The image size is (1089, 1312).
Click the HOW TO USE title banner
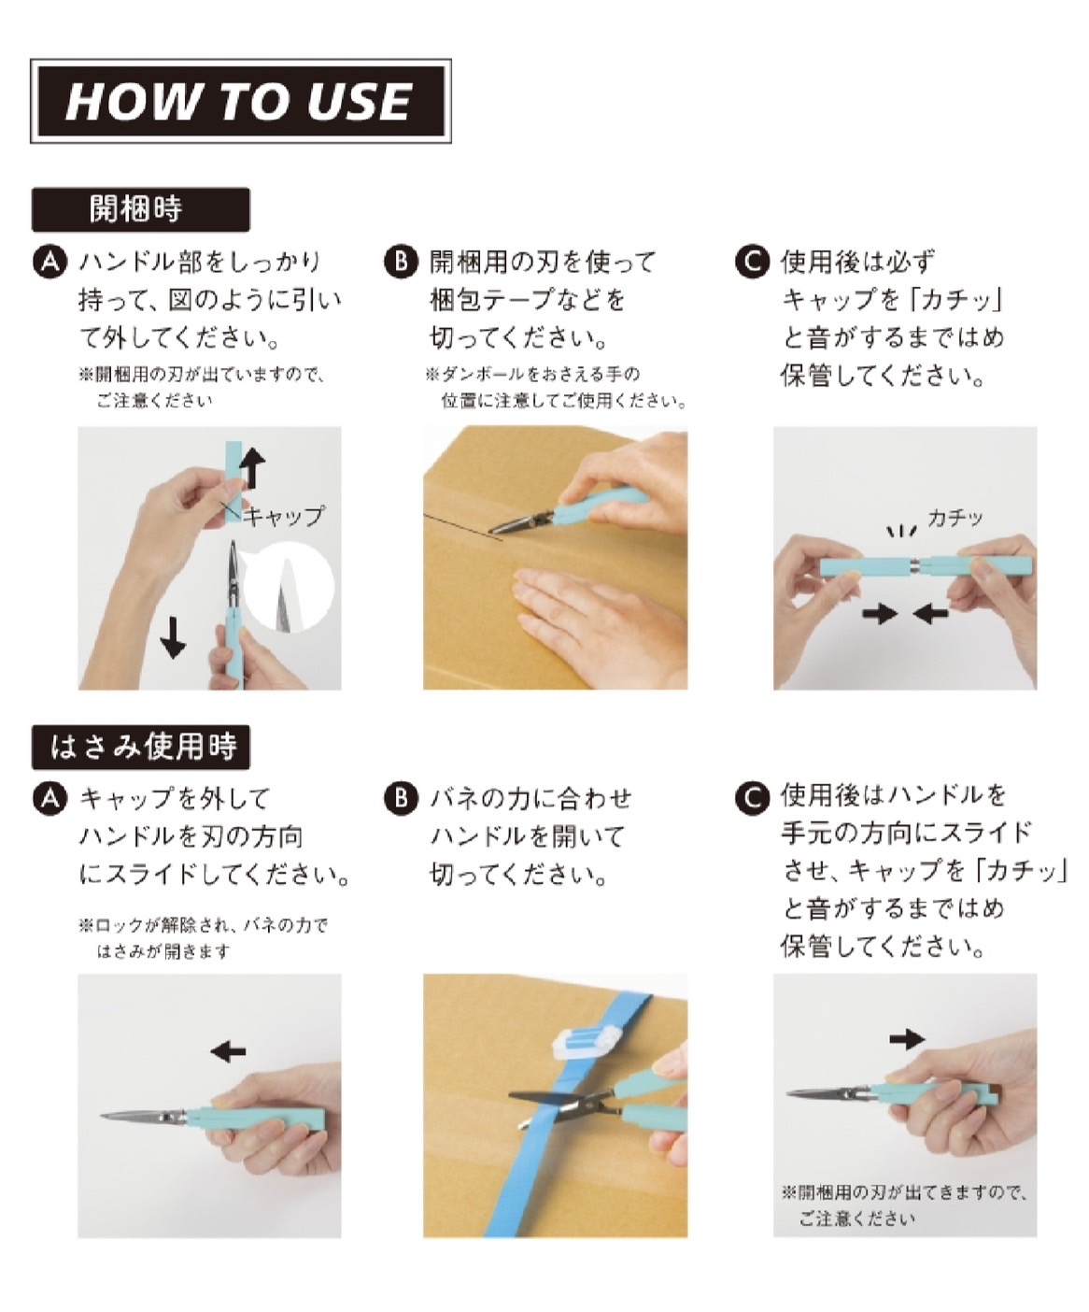click(x=240, y=101)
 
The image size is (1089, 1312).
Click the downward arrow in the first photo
click(x=174, y=635)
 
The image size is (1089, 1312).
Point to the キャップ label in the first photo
click(x=285, y=515)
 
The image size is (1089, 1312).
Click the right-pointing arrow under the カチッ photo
click(x=879, y=614)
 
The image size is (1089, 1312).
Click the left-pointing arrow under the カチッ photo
click(x=931, y=614)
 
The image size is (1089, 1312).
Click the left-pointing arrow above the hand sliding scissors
click(x=228, y=1051)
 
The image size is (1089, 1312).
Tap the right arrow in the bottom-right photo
click(x=906, y=1038)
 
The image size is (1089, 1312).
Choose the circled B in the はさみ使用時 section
click(x=401, y=799)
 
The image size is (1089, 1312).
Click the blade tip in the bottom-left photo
click(x=105, y=1114)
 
